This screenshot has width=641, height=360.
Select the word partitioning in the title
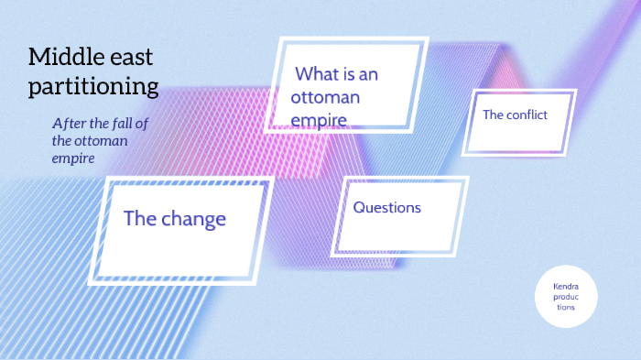93,87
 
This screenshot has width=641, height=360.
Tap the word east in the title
129,58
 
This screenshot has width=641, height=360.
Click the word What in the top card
317,74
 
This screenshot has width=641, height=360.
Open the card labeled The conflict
518,121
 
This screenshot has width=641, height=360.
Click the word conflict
532,115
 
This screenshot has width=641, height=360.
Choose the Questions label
386,208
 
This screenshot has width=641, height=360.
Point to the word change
193,219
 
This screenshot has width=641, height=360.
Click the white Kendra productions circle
566,297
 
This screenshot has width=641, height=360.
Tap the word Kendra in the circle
566,287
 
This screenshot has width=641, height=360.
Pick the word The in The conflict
494,115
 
